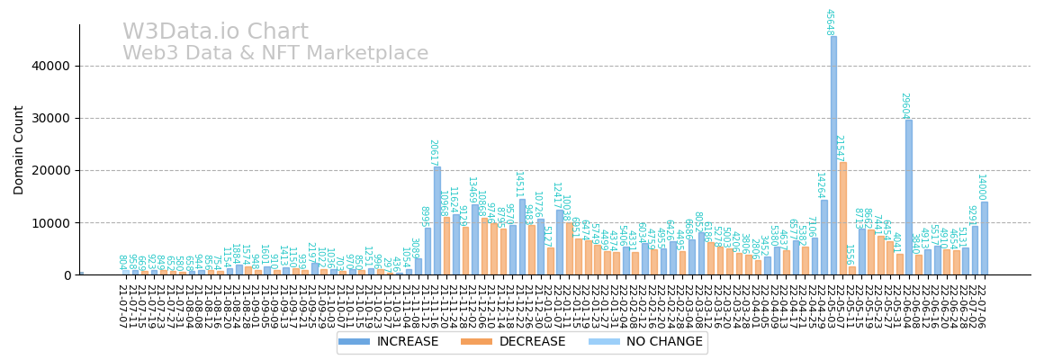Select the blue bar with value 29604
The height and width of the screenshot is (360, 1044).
click(x=909, y=197)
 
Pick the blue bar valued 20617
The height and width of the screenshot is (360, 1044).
click(x=437, y=220)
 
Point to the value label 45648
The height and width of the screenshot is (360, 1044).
click(x=829, y=22)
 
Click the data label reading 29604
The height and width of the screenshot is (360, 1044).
click(x=904, y=105)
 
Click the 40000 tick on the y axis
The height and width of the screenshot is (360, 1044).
click(x=50, y=66)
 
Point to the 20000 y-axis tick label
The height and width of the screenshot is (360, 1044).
click(x=50, y=170)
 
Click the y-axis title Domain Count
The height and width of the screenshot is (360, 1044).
click(x=19, y=149)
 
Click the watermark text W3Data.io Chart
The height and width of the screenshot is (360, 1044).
click(x=215, y=32)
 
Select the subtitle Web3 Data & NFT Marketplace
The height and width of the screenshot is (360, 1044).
click(x=275, y=54)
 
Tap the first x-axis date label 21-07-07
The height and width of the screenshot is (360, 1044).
click(x=121, y=306)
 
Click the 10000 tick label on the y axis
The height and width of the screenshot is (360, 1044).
click(x=50, y=223)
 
